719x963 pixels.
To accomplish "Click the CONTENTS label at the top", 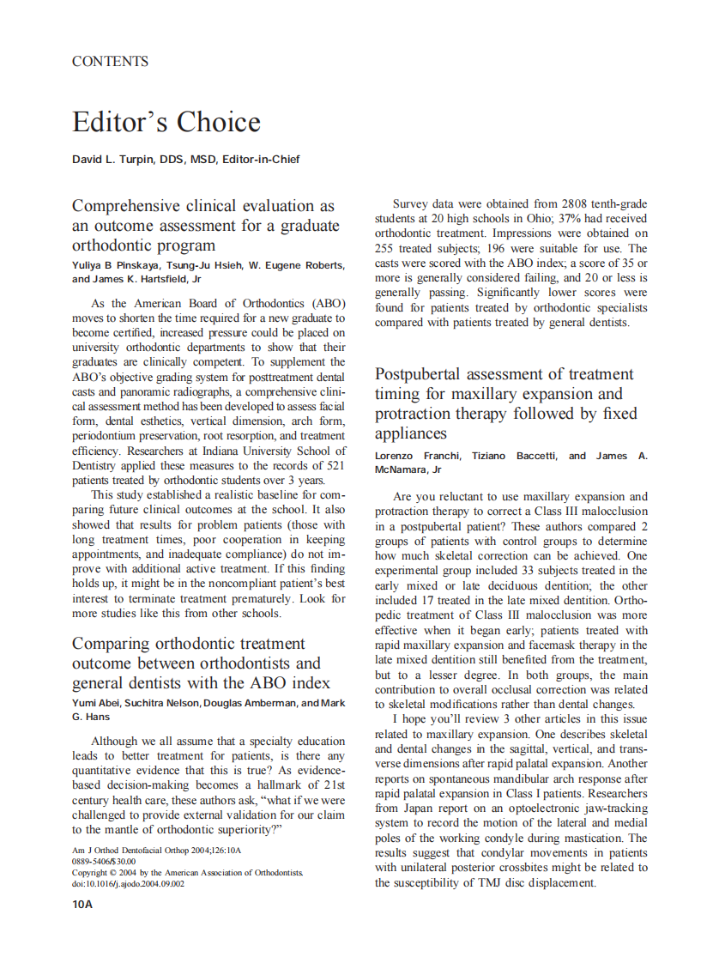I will [110, 62].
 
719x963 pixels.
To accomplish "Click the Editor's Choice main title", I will [166, 122].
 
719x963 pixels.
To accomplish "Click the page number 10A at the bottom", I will [82, 904].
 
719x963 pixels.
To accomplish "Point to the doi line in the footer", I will [128, 883].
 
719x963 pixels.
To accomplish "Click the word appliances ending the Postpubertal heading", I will [412, 433].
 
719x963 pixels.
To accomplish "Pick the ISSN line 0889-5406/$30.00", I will [104, 861].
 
